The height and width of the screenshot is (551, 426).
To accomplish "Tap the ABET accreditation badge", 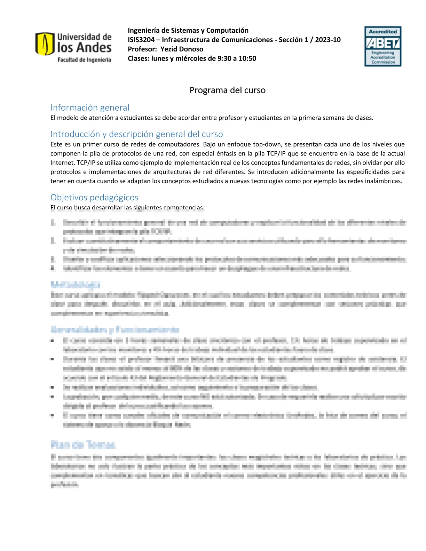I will [382, 46].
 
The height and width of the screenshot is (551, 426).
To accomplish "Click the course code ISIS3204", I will [141, 40].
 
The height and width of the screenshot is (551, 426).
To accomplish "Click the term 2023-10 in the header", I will [328, 40].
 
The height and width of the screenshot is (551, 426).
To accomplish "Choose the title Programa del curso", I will [227, 90].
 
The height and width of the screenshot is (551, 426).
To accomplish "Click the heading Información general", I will [90, 107].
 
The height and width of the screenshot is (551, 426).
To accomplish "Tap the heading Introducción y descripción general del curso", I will [136, 134].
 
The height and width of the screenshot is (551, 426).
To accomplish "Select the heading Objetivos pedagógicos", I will [94, 197].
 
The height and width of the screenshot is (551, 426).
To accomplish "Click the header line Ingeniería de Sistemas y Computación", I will [188, 30].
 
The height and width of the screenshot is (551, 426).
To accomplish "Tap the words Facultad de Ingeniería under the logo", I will [84, 60].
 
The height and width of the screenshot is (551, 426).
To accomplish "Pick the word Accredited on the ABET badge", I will [383, 32].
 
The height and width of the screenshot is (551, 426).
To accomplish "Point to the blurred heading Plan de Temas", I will [83, 444].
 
